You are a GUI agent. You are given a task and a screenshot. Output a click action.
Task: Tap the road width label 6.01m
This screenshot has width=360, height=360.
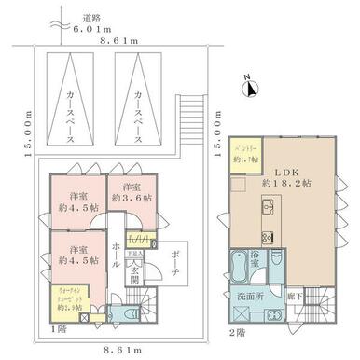(x=80, y=29)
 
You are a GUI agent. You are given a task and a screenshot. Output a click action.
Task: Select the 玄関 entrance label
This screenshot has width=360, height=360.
(x=134, y=271)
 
